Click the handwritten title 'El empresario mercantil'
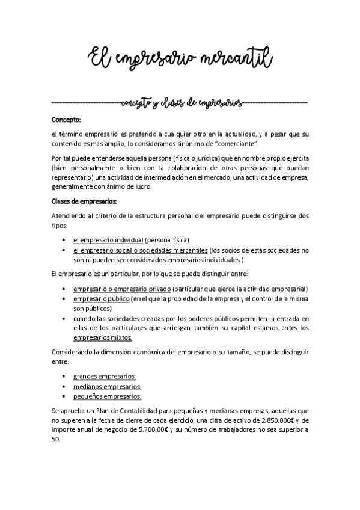coord(180,58)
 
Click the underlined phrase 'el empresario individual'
coord(108,239)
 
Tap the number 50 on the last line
coord(56,440)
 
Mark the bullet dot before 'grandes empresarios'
coord(64,376)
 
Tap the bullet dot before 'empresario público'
coord(64,298)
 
